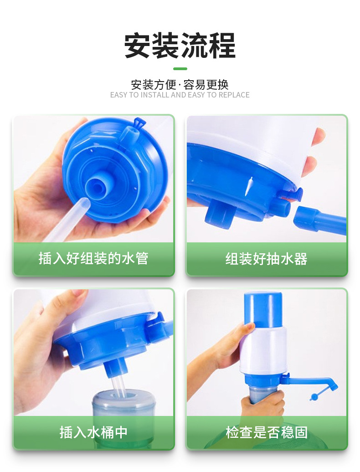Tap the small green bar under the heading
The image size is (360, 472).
point(180,69)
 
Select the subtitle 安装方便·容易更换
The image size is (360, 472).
point(180,85)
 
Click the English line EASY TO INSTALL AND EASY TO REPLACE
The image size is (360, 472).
point(180,95)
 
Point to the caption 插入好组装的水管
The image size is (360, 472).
point(93,259)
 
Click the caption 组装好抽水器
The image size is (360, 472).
point(267,259)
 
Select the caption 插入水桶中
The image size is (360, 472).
point(93,432)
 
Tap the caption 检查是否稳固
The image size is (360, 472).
point(267,432)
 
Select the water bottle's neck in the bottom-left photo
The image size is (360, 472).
point(123,401)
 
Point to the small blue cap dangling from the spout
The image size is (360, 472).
point(314,397)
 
